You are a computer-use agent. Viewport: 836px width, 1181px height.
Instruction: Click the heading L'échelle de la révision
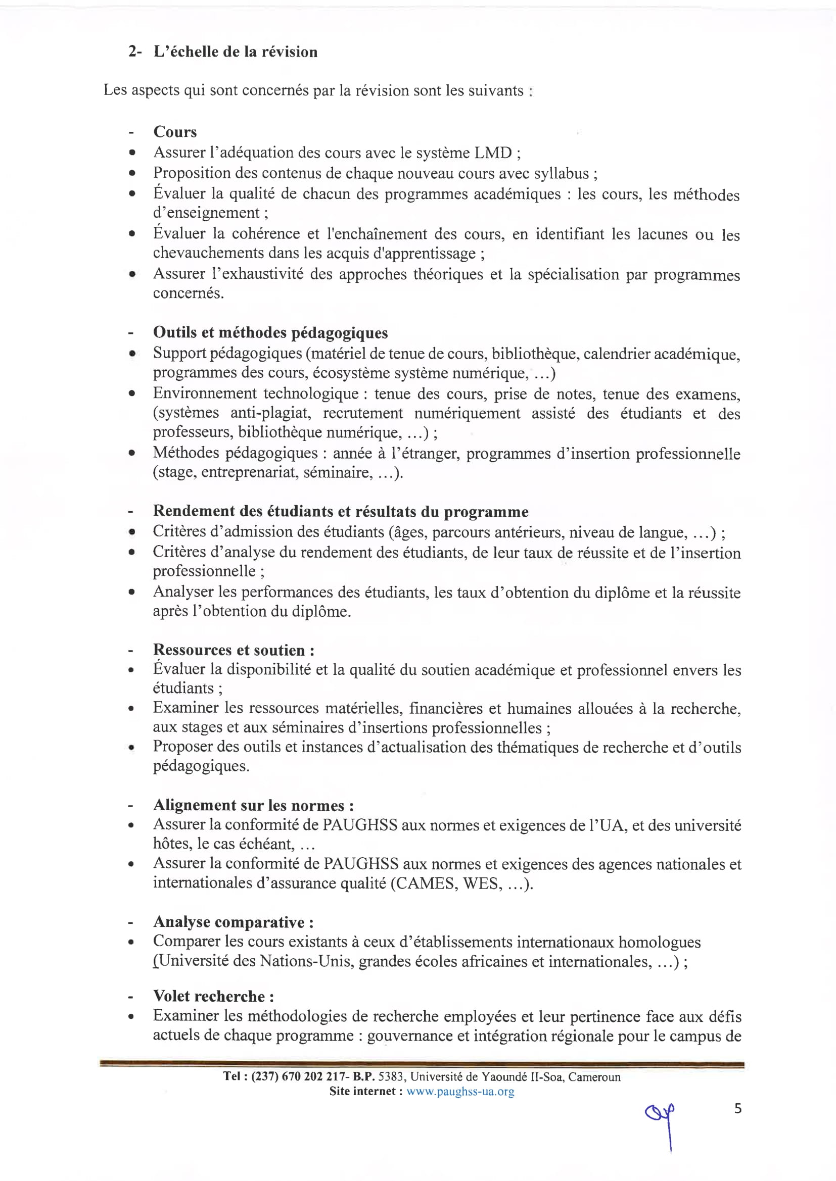click(x=235, y=52)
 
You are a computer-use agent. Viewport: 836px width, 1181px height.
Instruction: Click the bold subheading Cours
click(x=175, y=132)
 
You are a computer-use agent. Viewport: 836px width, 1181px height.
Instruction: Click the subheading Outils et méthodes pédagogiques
click(x=270, y=332)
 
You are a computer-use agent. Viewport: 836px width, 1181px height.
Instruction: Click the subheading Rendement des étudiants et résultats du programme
click(x=340, y=511)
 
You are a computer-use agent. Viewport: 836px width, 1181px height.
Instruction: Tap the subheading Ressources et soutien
click(x=233, y=650)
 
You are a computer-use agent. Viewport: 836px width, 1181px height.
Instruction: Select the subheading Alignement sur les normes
click(x=253, y=805)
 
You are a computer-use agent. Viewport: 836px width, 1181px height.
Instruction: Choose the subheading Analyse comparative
click(x=233, y=922)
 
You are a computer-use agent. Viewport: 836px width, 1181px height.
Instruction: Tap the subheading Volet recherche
click(x=213, y=996)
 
